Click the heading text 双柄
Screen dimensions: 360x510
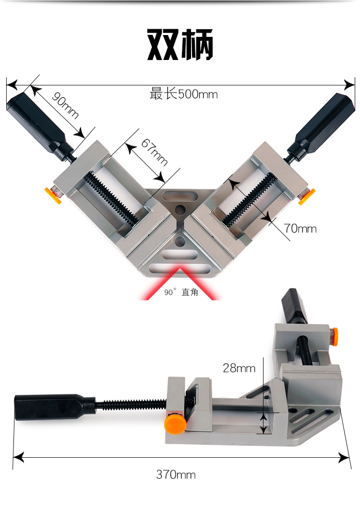tap(180, 45)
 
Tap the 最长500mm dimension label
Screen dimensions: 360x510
tap(183, 94)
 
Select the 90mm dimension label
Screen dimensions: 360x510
tap(65, 106)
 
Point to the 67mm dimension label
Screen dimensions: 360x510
tap(154, 152)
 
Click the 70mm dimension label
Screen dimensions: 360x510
tap(300, 228)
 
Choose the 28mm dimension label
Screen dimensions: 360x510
tap(239, 368)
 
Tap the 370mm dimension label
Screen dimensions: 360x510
tap(176, 474)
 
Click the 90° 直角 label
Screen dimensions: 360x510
tap(181, 292)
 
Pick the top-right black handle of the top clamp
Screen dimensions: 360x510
tap(321, 127)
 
